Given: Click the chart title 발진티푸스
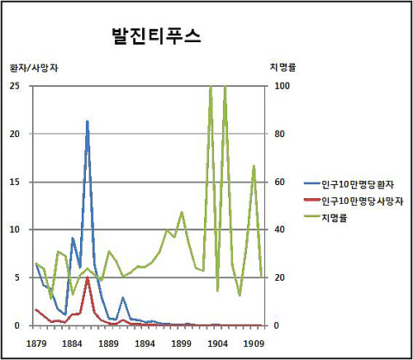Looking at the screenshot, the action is coord(156,36).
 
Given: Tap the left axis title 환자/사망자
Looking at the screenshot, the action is coord(34,68).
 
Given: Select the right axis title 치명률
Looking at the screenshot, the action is coord(282,67).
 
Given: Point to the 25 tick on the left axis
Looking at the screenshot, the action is coord(15,86).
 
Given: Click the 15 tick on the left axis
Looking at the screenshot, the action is coord(15,182).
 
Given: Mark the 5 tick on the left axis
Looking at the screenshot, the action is coord(17,277).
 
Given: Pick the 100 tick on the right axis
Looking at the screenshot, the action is coord(282,86).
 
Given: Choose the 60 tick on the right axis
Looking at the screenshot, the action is coord(279,182).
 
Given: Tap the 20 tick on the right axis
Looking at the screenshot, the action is coord(279,277).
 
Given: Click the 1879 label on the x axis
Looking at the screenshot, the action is coord(36,343).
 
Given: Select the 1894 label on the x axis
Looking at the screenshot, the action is coord(145,343).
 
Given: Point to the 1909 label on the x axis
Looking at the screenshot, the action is coord(254,343).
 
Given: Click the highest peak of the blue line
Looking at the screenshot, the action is coord(88,121).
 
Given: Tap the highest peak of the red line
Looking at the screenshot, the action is coord(88,277).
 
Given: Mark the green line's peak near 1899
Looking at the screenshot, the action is coord(182,211).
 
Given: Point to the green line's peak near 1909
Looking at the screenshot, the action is coord(254,165).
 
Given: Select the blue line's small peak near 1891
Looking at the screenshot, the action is coord(123,297).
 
